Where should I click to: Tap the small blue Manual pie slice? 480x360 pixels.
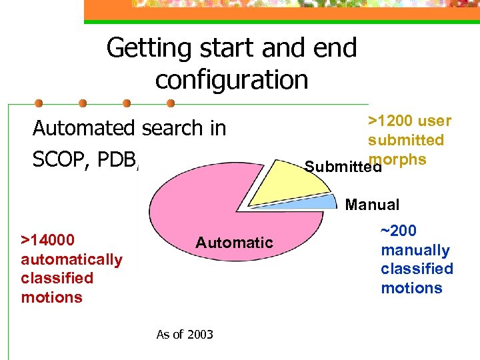point(323,203)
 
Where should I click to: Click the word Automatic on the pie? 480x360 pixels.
point(234,243)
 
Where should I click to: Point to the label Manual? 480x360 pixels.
point(372,205)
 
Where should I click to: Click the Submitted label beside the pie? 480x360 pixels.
point(343,167)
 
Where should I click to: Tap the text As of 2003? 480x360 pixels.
point(185,335)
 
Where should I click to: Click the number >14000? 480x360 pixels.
point(48,240)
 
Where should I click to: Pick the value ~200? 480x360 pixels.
point(399,231)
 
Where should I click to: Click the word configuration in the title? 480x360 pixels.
point(231,79)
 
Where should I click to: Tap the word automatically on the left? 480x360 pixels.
point(72,259)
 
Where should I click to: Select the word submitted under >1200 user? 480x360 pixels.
point(406,140)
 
